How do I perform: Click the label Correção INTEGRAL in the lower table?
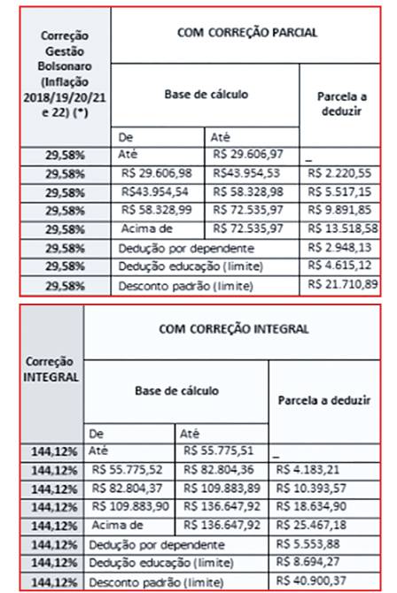coord(43,369)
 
